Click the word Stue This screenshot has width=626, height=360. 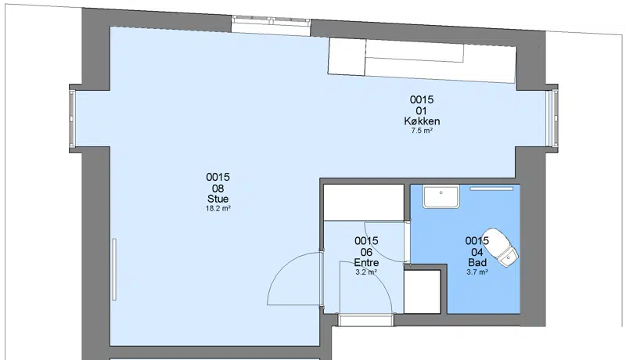(218, 199)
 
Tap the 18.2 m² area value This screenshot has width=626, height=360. (218, 208)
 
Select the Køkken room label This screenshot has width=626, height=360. (422, 121)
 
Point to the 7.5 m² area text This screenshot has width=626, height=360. (422, 131)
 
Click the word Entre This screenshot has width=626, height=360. (366, 263)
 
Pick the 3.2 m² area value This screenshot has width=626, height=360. (366, 272)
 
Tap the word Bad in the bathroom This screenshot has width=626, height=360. (477, 263)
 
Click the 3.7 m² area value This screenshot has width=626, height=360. (477, 272)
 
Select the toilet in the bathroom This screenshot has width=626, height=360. (501, 247)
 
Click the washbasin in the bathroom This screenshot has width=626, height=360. (441, 196)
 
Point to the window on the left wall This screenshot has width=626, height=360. (72, 118)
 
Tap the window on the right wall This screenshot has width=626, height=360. (552, 118)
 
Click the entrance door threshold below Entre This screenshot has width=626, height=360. (365, 320)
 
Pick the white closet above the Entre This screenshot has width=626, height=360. (364, 203)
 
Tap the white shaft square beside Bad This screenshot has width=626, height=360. (423, 292)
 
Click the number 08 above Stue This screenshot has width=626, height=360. (218, 188)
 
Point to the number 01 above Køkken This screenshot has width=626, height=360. (422, 110)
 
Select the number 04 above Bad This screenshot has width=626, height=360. (477, 252)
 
